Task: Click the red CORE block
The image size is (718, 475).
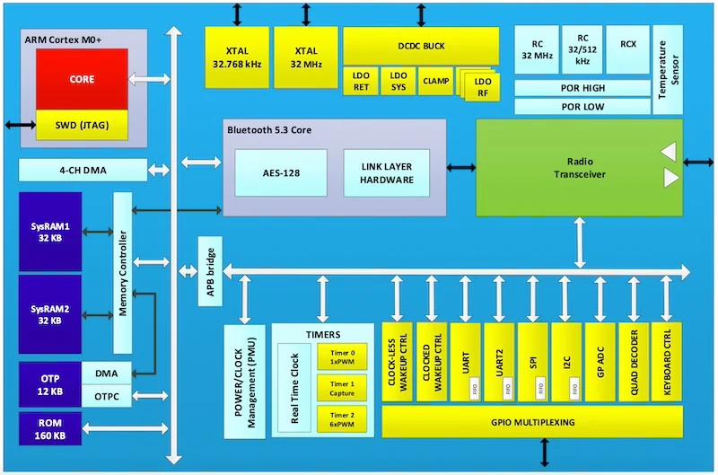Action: click(82, 79)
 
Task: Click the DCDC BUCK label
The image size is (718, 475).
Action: click(421, 45)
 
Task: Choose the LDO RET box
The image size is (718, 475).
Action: click(362, 82)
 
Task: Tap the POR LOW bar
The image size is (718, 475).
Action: click(582, 107)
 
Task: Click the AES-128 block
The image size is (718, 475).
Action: click(280, 173)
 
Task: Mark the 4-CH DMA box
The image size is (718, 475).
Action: click(83, 170)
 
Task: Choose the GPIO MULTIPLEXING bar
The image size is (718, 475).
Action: click(532, 421)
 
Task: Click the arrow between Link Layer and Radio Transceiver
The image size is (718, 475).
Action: click(461, 167)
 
